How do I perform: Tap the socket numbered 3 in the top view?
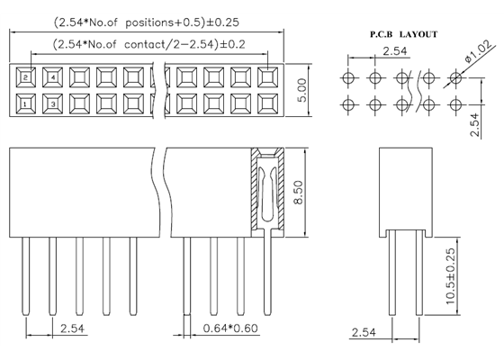[54, 104]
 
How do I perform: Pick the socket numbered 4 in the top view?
[54, 77]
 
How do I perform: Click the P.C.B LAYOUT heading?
[403, 33]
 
